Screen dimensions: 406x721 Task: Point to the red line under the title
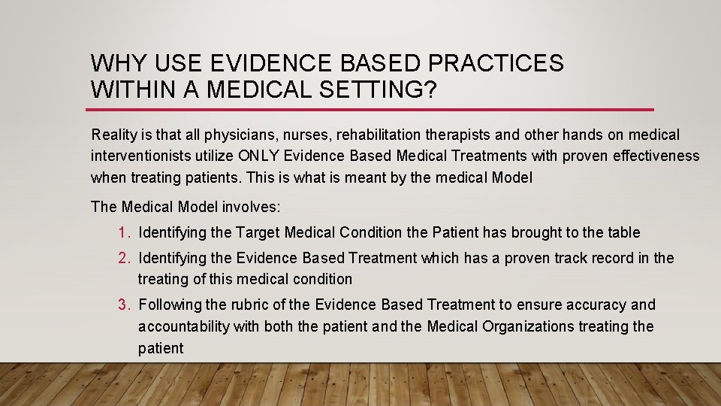tap(372, 110)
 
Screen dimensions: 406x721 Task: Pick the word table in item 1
tap(623, 232)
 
